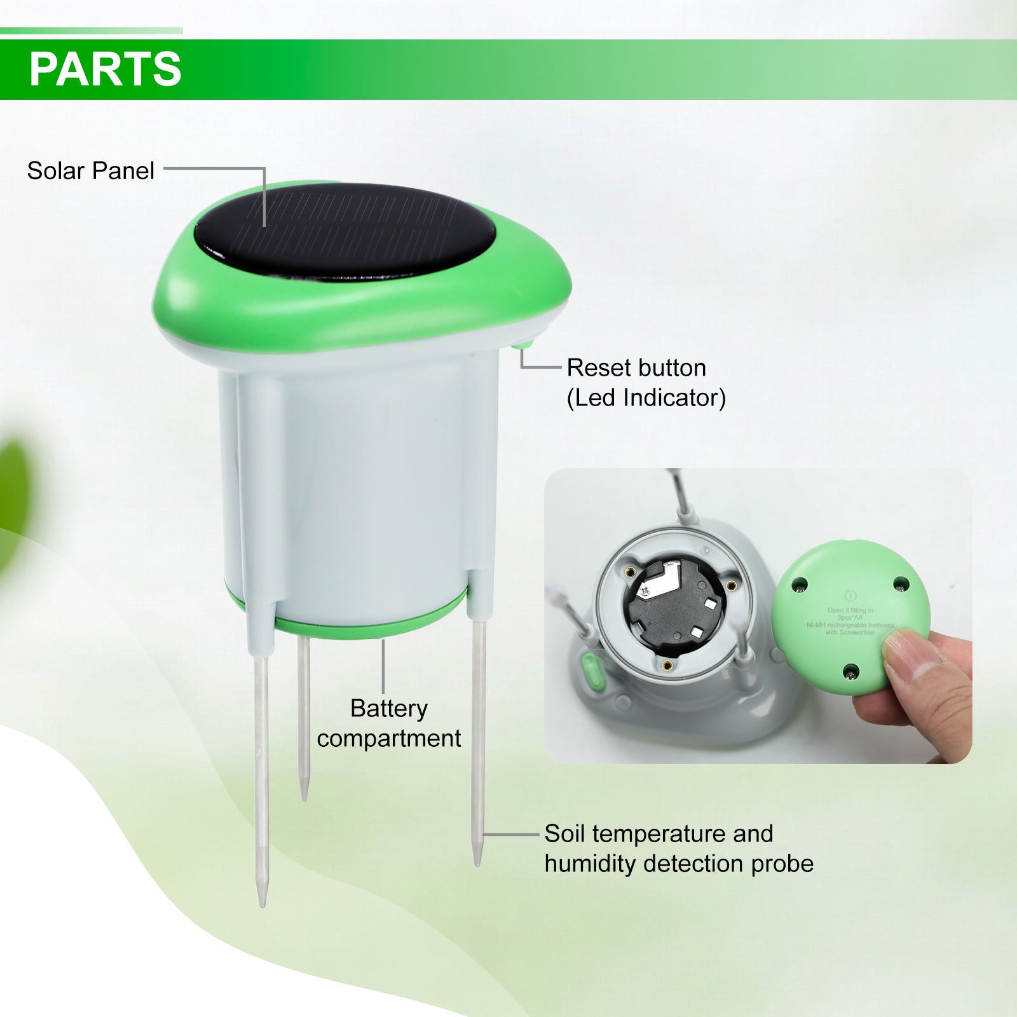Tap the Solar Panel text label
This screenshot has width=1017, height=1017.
tap(90, 170)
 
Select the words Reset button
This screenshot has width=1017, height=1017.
tap(636, 367)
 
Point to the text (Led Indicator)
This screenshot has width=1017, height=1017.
tap(646, 397)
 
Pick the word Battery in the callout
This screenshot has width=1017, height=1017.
tap(389, 708)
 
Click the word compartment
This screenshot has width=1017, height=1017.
tap(389, 738)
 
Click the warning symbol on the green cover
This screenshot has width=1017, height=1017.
tap(850, 596)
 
